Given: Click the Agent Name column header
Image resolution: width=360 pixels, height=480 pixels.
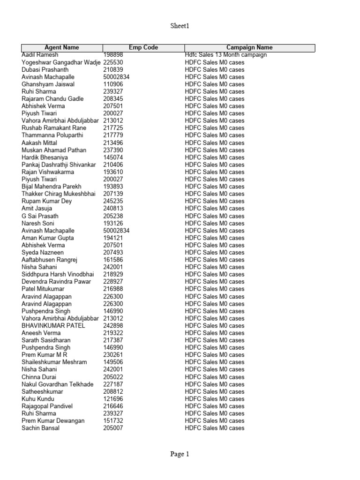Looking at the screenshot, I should click(62, 47).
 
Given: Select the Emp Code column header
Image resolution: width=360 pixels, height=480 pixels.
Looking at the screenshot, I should click(143, 47).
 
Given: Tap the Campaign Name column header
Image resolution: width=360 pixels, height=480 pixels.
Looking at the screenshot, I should click(249, 47).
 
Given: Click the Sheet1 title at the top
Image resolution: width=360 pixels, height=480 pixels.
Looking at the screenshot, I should click(180, 26).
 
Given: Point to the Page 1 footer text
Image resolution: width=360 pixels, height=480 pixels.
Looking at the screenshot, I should click(180, 454).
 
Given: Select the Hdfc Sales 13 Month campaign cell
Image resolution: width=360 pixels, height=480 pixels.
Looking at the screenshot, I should click(226, 55).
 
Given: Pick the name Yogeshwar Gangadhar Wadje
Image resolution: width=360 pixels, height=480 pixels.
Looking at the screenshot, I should click(61, 62).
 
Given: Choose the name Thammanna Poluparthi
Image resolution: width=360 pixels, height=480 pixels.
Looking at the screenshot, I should click(52, 135).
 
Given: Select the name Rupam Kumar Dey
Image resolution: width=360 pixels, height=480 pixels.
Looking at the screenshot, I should click(47, 201).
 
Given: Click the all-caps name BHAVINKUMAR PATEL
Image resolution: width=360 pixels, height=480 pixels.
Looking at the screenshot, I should click(53, 326).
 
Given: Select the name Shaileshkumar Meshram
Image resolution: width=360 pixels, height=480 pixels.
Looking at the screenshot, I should click(54, 362).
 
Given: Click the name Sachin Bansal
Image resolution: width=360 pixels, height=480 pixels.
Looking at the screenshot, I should click(41, 428).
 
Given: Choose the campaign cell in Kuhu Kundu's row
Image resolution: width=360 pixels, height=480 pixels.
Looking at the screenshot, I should click(215, 399).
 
